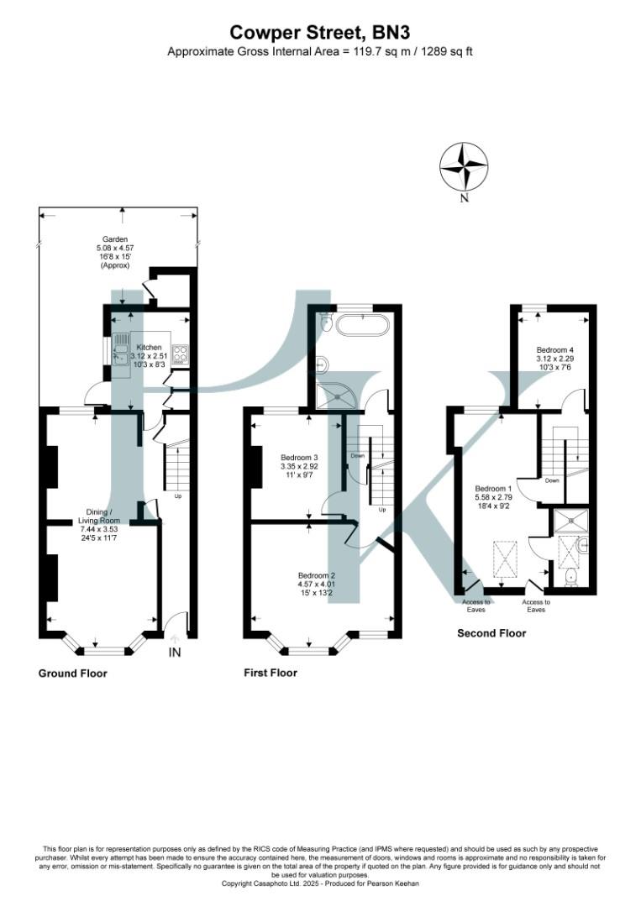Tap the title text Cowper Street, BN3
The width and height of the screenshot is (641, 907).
click(320, 33)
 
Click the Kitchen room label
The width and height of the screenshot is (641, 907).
click(150, 347)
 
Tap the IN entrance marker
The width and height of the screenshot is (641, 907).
click(175, 652)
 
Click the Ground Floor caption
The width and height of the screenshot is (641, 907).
click(72, 674)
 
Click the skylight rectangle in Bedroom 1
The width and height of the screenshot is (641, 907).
click(506, 560)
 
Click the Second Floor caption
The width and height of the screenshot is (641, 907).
click(491, 633)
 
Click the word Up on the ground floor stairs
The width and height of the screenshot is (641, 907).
click(177, 495)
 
